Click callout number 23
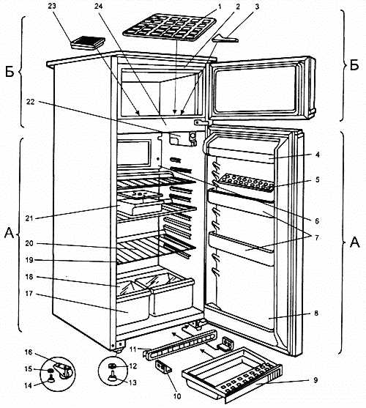click(x=52, y=6)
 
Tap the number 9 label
click(x=315, y=380)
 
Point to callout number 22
click(x=31, y=102)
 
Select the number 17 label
click(x=29, y=294)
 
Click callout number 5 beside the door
click(x=317, y=179)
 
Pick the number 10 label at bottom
click(x=177, y=396)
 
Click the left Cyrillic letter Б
click(x=10, y=72)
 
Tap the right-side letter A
click(x=354, y=242)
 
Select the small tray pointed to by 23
click(x=88, y=42)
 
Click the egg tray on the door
click(x=245, y=182)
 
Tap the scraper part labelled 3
click(x=225, y=39)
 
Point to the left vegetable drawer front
click(x=133, y=308)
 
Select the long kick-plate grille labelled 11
click(x=180, y=344)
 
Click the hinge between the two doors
click(x=201, y=122)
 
